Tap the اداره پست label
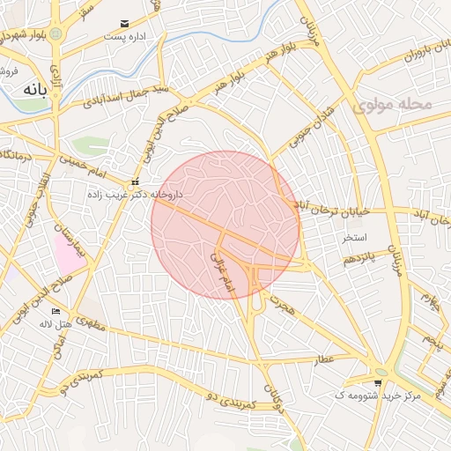tap(122, 37)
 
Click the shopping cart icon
tap(378, 382)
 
